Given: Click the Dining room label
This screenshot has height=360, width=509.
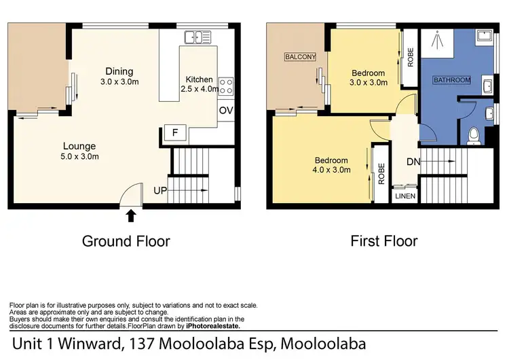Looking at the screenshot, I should pos(119,71).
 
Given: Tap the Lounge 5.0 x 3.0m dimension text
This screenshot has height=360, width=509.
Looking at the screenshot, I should pos(80,157).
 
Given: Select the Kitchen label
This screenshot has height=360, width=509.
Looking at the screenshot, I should pos(199,79).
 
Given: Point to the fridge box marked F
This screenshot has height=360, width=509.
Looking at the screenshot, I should pos(175,133).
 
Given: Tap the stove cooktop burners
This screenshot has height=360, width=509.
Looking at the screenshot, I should pos(227,86).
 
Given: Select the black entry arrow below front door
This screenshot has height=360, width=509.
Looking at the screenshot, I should pos(131,216).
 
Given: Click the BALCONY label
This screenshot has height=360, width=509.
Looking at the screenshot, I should pos(301,57).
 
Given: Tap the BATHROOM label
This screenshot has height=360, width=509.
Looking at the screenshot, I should pos(451,80).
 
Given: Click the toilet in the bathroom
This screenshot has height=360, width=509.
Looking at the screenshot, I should pos(474,137).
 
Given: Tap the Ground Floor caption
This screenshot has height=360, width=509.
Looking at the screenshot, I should pos(126,240).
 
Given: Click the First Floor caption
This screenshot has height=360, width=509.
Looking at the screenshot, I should pos(383,240).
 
